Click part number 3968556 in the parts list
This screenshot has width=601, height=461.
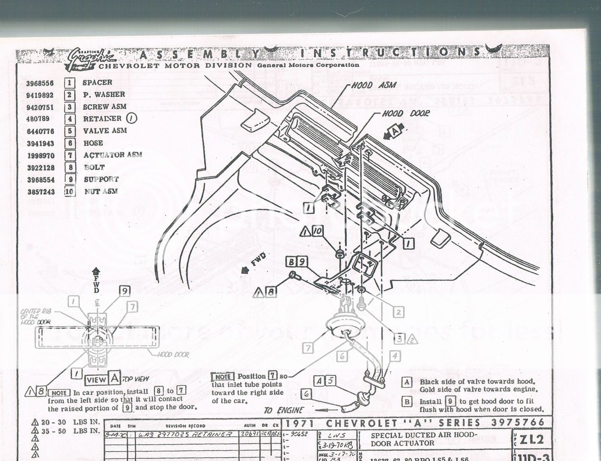tap(40, 83)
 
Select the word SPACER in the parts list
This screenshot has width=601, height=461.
tap(97, 83)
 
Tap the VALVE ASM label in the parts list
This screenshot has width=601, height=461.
tap(105, 131)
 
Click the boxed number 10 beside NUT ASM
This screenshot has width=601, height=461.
tap(69, 191)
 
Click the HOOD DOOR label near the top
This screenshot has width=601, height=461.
tap(405, 114)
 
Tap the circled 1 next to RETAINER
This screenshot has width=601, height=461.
tap(131, 119)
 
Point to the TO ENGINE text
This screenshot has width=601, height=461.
tap(283, 410)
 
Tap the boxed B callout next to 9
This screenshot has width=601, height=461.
tap(291, 262)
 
